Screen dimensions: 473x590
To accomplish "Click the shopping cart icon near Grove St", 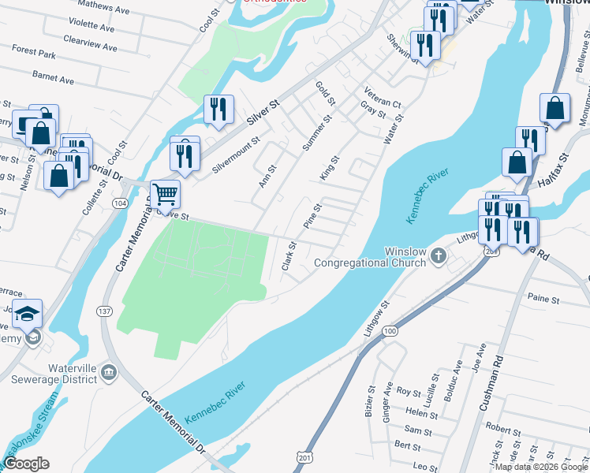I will [165, 192].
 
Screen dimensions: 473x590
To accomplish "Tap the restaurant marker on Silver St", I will [218, 109].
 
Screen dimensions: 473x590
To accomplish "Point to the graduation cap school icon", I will [29, 315].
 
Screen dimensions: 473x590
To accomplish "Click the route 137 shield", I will [104, 311].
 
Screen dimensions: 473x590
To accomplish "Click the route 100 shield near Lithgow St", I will [390, 333].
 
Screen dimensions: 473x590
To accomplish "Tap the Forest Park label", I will [34, 55].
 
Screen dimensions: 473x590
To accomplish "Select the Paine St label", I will [543, 300].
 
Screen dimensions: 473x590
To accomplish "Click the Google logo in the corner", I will [25, 464].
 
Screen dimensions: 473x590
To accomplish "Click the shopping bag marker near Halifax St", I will [516, 161].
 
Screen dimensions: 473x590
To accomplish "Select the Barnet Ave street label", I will [53, 80].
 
